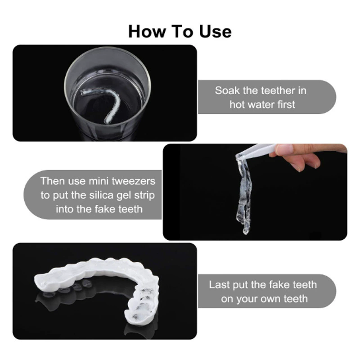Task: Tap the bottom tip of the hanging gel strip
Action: (x=245, y=231)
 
